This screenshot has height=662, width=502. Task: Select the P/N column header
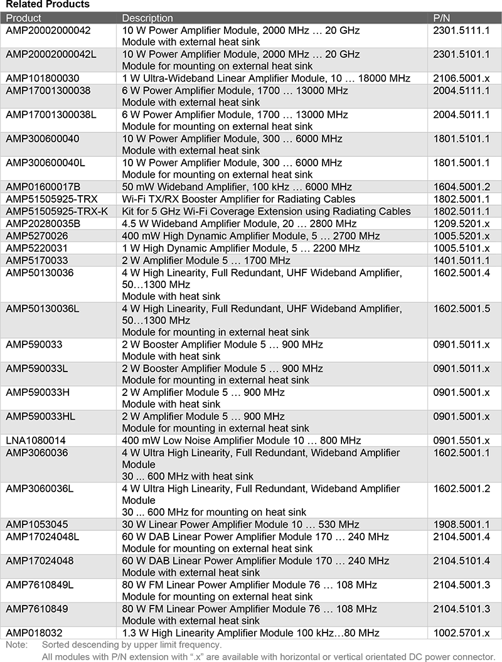(x=442, y=18)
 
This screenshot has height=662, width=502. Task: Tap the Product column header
(x=23, y=18)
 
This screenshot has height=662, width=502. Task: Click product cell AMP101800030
(x=43, y=78)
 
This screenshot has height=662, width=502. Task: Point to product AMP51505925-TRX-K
(x=56, y=211)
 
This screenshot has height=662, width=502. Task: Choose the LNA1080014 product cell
(x=35, y=440)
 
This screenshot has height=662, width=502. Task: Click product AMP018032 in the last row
(x=35, y=633)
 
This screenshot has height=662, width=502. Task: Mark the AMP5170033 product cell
(x=37, y=260)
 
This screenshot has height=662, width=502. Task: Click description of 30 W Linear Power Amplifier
(x=240, y=525)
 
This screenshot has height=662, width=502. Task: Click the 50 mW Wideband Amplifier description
(x=237, y=187)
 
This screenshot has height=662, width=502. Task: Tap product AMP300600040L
(x=45, y=163)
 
